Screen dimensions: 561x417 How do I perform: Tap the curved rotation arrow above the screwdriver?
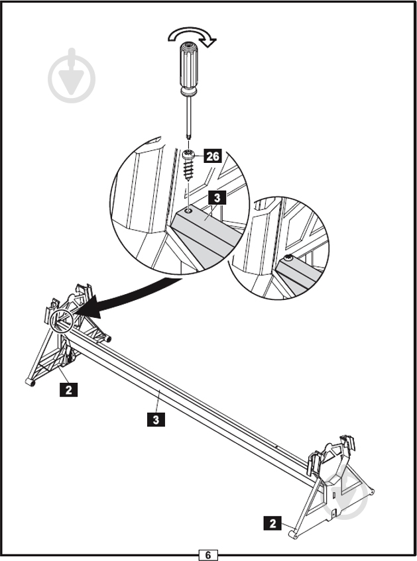click(x=192, y=36)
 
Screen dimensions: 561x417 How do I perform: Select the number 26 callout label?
click(x=212, y=156)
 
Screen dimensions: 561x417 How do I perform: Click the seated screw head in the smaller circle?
click(x=288, y=256)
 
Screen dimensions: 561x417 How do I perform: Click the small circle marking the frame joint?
click(x=62, y=321)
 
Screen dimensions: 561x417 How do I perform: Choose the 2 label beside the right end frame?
click(x=272, y=523)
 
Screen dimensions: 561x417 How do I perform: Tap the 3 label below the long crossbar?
click(x=154, y=419)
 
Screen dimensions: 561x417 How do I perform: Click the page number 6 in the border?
click(x=208, y=554)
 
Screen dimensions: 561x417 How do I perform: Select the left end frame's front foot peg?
click(x=29, y=382)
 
